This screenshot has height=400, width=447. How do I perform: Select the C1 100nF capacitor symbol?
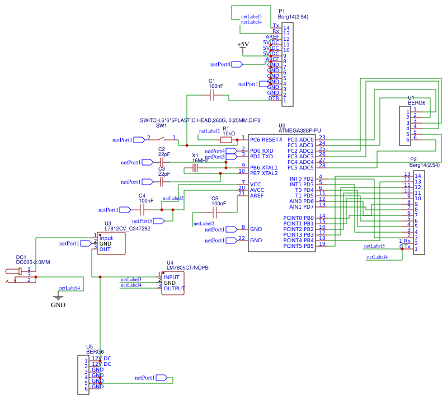[212, 97]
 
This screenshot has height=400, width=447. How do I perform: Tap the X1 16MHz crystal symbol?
[195, 168]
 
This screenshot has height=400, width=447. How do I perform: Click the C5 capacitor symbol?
[215, 213]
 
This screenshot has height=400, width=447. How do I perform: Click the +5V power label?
[243, 44]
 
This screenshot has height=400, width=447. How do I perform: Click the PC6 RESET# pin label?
[266, 139]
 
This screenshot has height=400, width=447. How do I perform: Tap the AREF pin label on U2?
[257, 196]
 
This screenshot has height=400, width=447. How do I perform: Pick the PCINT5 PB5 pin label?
[298, 246]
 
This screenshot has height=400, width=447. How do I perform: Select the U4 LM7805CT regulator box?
[173, 283]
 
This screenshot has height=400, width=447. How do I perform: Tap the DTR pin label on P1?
[274, 98]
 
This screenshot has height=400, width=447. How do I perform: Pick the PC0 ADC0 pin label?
[300, 139]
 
